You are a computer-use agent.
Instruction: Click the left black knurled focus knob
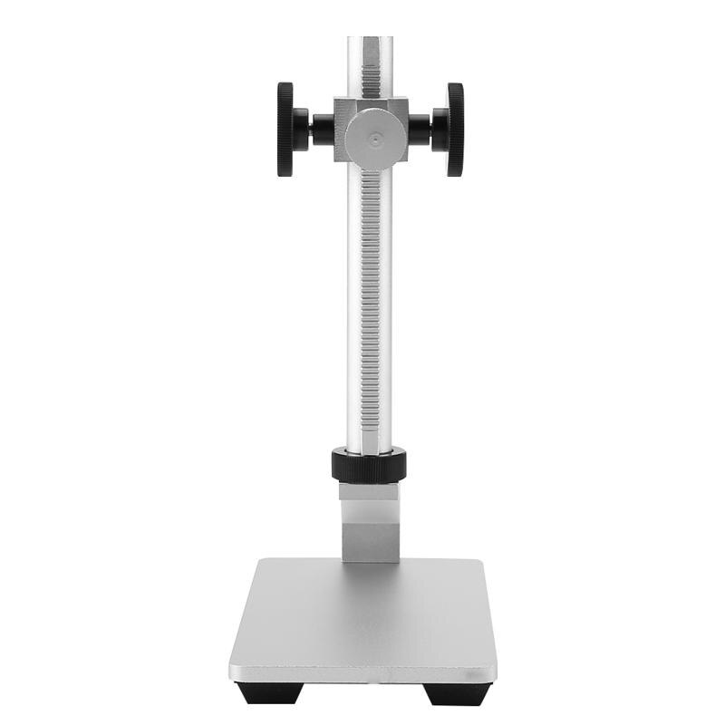click(285, 130)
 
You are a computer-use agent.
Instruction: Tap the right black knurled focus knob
click(455, 130)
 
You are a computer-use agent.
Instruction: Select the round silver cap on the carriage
click(375, 139)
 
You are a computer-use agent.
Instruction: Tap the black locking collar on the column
click(369, 465)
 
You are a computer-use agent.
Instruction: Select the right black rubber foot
click(458, 692)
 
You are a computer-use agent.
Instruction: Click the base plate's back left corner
click(261, 559)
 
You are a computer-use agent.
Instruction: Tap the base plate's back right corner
click(468, 559)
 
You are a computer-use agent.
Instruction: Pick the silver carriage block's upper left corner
click(335, 99)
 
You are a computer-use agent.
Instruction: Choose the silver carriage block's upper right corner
click(407, 99)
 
